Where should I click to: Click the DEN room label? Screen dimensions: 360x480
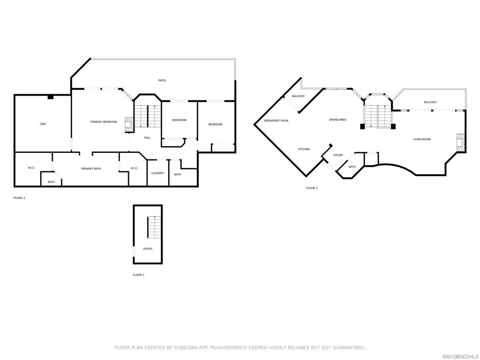pos(43,124)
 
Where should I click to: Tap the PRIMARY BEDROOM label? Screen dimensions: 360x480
pos(104,122)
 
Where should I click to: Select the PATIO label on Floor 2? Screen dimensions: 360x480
pos(162,81)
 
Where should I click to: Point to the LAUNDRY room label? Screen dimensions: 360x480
pos(157,173)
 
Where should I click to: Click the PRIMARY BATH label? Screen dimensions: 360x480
pos(91,169)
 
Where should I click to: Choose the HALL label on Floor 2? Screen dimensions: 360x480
pos(147,137)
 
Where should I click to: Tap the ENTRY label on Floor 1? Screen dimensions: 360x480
pos(148,249)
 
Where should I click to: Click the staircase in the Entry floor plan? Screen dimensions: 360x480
pos(153,227)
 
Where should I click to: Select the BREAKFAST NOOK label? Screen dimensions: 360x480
pos(276,121)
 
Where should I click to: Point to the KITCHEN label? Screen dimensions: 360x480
pos(304,149)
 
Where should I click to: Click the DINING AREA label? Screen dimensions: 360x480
pos(337,120)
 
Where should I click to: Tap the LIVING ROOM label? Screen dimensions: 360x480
pos(421,139)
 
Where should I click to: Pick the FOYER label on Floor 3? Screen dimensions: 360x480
pos(338,155)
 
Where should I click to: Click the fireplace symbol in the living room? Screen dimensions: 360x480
pos(461,143)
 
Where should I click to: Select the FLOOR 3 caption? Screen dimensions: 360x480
pos(312,188)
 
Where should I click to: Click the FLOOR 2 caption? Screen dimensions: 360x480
pos(19,198)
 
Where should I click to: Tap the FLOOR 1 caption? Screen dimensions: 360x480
pos(138,275)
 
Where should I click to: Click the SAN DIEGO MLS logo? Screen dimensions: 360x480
pos(460,356)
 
